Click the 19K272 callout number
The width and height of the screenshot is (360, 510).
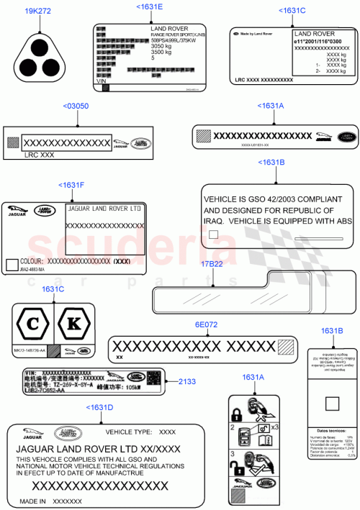click(37, 12)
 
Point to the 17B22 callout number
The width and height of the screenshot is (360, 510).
click(212, 265)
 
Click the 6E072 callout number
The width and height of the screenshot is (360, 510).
click(205, 324)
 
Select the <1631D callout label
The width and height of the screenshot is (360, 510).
click(99, 407)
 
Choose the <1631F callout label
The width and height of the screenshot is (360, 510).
click(71, 185)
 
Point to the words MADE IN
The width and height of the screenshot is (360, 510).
click(32, 501)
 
